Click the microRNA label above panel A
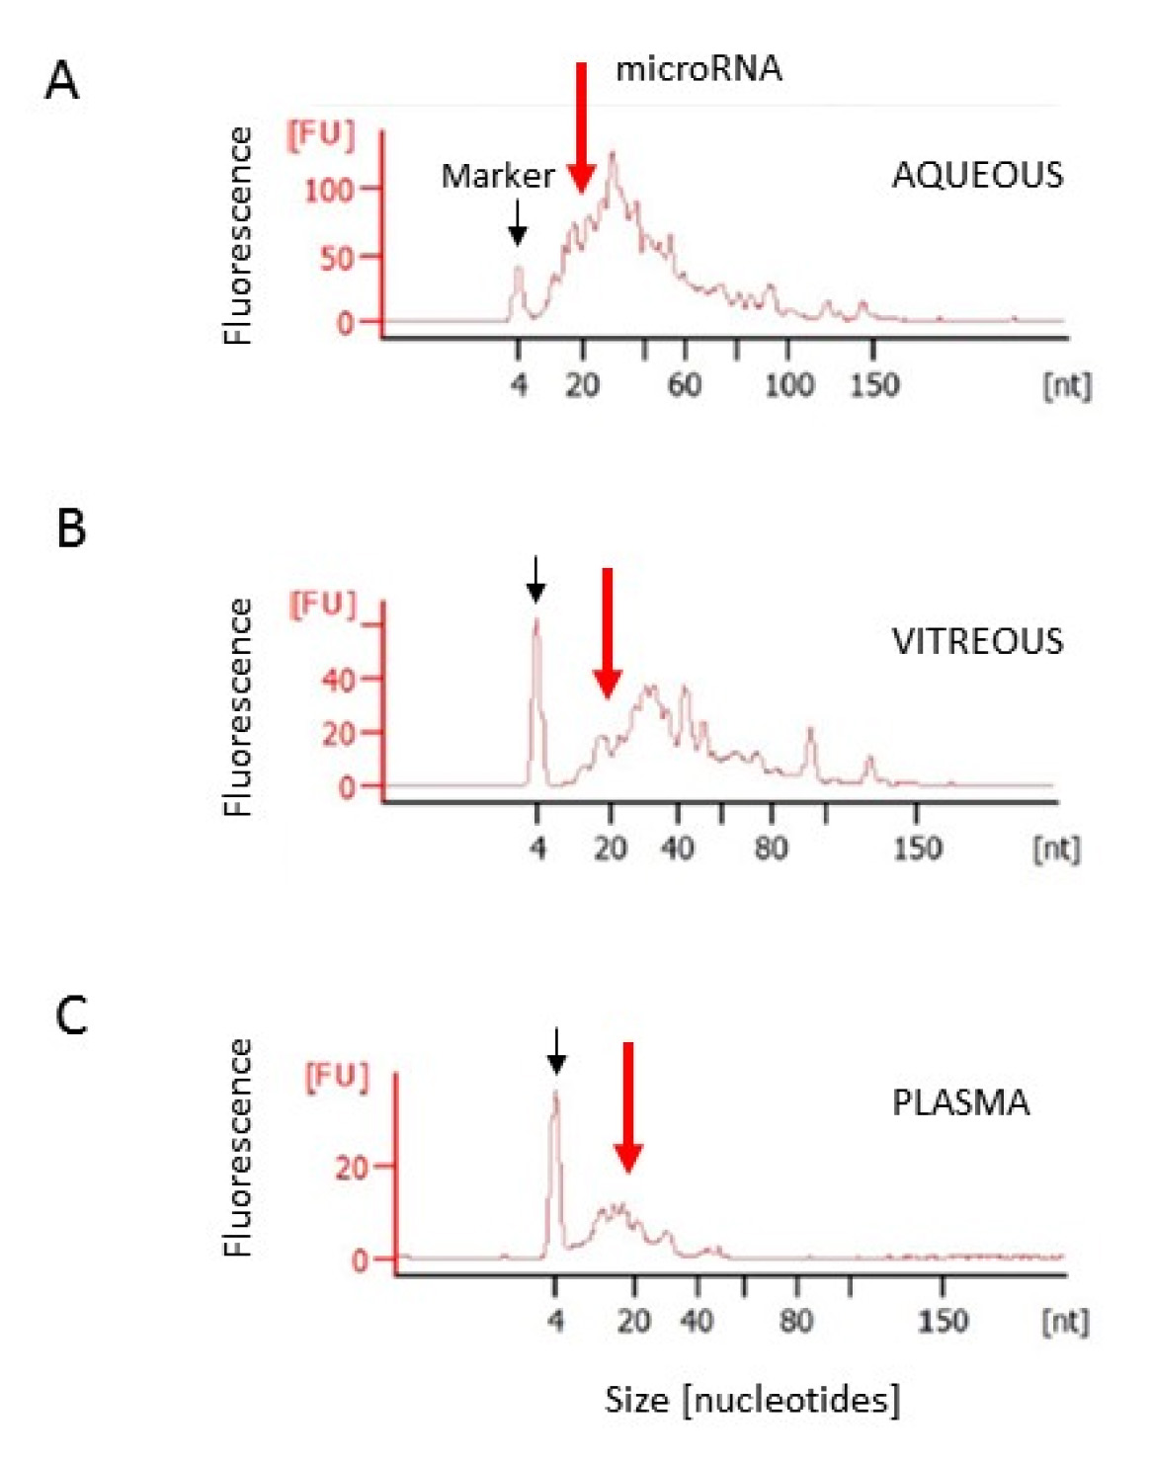coord(699,69)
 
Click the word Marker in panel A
coord(497,176)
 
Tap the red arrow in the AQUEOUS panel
coord(581,128)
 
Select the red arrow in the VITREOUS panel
coord(608,632)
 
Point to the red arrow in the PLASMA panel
coord(628,1106)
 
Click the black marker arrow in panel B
coord(535,579)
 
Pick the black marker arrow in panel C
coord(557,1051)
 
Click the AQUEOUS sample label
coord(977,176)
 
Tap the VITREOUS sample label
coord(977,642)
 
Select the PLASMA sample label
coord(960,1102)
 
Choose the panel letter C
coord(71,1015)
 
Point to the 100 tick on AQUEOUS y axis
coord(329,189)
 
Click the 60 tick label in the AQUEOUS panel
coord(685,384)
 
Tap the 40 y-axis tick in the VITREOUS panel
coord(338,680)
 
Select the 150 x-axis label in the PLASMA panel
coord(943,1321)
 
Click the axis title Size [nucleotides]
coord(752,1400)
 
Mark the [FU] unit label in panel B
coord(322,604)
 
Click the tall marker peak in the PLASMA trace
coord(555,1096)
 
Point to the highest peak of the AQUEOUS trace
coord(614,156)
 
